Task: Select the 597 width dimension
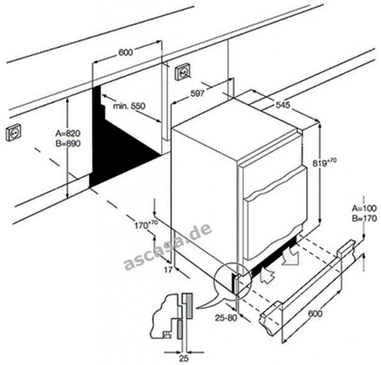(x=197, y=94)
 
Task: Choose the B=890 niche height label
(x=68, y=143)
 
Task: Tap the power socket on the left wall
(x=14, y=132)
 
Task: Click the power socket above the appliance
(x=183, y=72)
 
